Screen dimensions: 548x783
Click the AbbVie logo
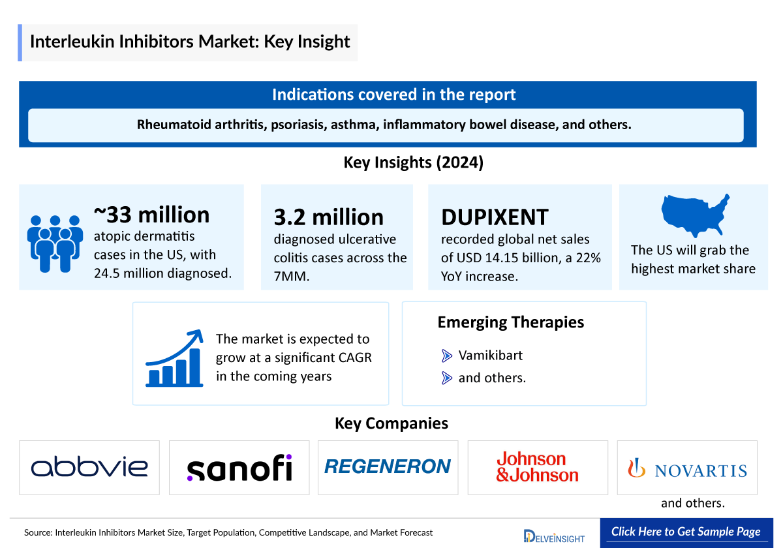(89, 467)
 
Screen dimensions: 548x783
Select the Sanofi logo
(239, 468)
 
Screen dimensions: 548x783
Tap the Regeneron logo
(388, 466)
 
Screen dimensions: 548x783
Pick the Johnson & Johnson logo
(537, 467)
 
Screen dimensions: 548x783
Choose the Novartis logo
(687, 468)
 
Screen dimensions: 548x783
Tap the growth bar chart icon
(174, 359)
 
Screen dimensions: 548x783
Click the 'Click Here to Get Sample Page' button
(686, 532)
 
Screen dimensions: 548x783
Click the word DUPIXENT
(495, 217)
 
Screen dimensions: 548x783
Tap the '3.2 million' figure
(328, 217)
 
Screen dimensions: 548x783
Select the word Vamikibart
(490, 356)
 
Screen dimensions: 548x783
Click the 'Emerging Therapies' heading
(510, 322)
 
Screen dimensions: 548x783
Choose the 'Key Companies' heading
(391, 423)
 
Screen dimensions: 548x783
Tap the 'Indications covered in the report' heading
(393, 95)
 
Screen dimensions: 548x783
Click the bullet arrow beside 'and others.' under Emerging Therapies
(447, 377)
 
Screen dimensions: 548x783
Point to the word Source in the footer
(38, 532)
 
